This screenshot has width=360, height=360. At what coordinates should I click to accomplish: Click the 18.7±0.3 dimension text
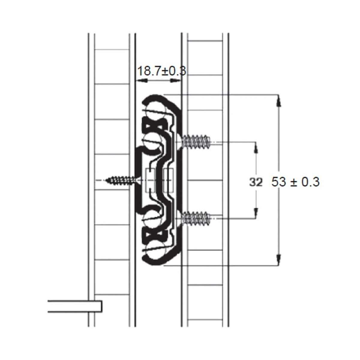(x=162, y=71)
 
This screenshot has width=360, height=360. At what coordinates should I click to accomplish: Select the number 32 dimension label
(x=256, y=182)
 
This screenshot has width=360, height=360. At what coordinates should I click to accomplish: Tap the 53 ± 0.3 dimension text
(x=295, y=182)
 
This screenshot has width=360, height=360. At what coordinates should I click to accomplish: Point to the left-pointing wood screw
(x=120, y=180)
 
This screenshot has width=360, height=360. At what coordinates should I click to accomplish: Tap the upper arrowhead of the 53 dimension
(x=279, y=101)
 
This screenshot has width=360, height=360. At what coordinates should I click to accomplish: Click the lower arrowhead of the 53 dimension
(x=279, y=260)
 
